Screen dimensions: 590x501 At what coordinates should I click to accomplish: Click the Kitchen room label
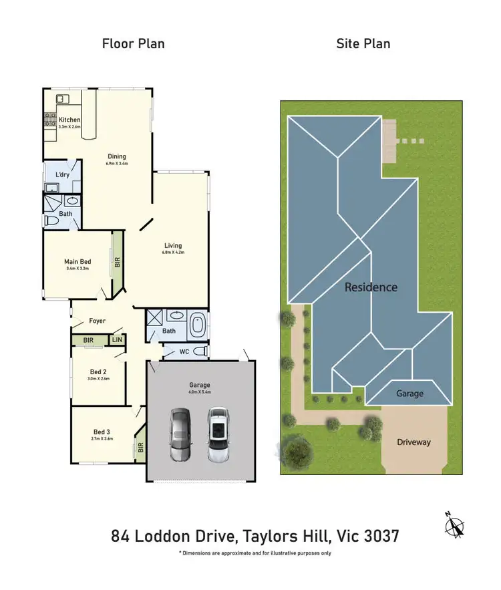click(x=69, y=120)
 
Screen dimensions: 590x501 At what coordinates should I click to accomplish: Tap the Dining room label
click(x=116, y=157)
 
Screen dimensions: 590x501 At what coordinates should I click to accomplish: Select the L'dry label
click(x=61, y=175)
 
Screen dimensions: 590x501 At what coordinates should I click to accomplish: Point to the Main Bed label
click(x=77, y=261)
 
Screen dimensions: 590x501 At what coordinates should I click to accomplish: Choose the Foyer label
click(x=98, y=321)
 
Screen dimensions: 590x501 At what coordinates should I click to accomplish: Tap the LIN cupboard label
click(x=117, y=340)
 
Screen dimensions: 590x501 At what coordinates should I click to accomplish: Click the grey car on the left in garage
click(x=179, y=434)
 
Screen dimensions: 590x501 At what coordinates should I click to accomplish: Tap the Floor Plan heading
click(x=133, y=44)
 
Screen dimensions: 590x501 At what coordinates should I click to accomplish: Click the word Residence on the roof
click(x=371, y=287)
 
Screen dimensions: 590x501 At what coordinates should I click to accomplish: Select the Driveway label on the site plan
click(x=413, y=442)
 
